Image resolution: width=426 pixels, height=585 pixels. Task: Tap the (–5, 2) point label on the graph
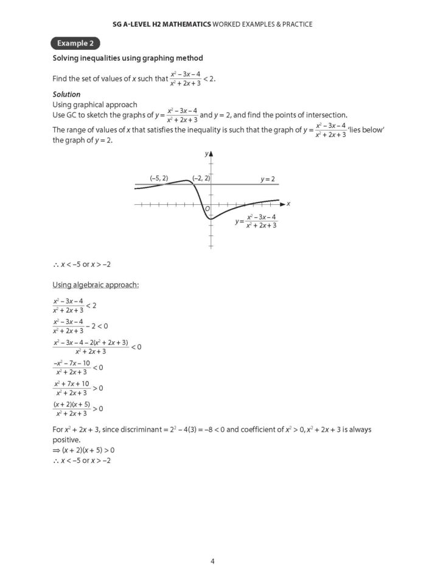point(159,178)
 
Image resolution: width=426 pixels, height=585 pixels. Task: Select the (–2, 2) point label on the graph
point(201,178)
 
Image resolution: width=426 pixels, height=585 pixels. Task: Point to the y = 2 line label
point(268,179)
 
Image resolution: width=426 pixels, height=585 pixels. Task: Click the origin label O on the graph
point(208,209)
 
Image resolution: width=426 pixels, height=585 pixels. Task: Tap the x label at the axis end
point(288,203)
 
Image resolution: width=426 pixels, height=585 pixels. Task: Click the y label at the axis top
point(206,154)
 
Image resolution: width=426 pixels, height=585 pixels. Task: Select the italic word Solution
point(66,94)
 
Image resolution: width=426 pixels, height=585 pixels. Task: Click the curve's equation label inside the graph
point(256,221)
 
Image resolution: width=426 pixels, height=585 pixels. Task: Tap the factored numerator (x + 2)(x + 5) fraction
point(71,408)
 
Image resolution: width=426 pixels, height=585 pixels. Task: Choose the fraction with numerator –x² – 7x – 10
point(71,367)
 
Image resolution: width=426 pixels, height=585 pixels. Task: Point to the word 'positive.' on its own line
point(66,440)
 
